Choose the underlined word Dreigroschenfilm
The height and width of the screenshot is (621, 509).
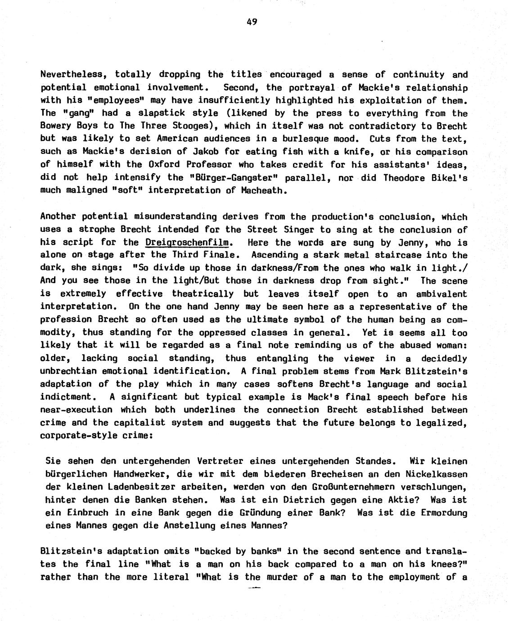point(187,243)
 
